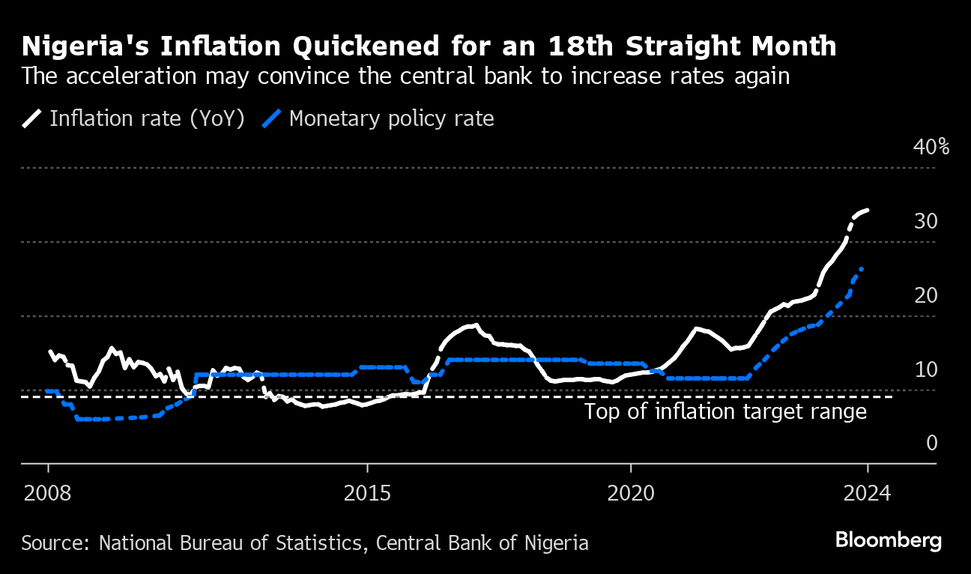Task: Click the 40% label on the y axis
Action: pos(931,147)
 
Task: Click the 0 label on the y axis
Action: pos(932,443)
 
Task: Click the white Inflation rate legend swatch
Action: pos(32,119)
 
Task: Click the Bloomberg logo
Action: pos(889,540)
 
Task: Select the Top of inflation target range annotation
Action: pos(725,411)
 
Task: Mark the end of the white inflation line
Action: pos(868,211)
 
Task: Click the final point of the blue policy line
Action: pos(862,268)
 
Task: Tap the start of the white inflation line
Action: pos(50,351)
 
